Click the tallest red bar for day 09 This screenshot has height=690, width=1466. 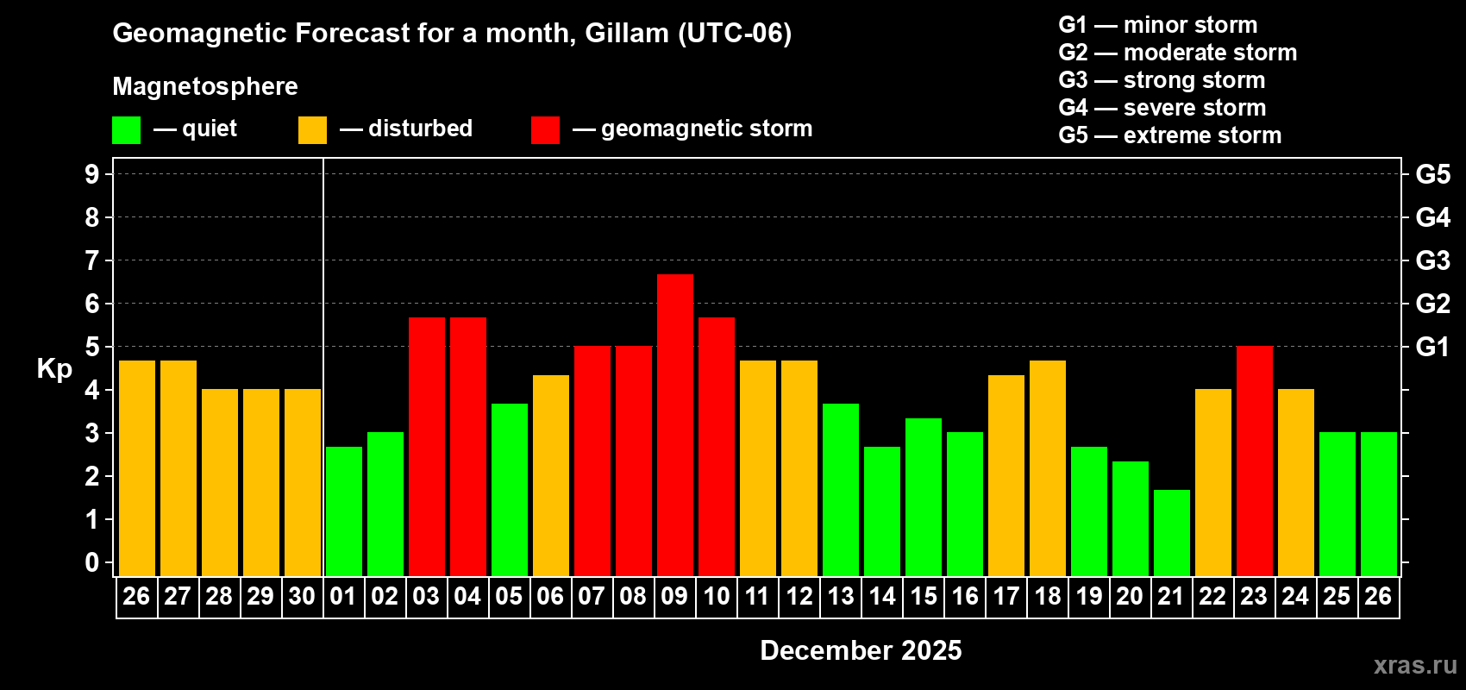pyautogui.click(x=674, y=424)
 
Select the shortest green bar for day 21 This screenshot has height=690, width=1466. pyautogui.click(x=1171, y=532)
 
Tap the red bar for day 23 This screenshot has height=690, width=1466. pyautogui.click(x=1254, y=461)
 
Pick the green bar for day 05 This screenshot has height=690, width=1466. pyautogui.click(x=509, y=489)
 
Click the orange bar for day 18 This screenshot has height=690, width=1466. pyautogui.click(x=1047, y=467)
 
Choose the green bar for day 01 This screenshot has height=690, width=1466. pyautogui.click(x=343, y=511)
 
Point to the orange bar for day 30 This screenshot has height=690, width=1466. pyautogui.click(x=302, y=482)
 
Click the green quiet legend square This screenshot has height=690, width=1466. pyautogui.click(x=126, y=130)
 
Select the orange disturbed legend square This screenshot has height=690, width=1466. pyautogui.click(x=312, y=130)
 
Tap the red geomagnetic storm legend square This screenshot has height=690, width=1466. pyautogui.click(x=545, y=130)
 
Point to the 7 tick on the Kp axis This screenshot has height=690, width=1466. pyautogui.click(x=92, y=260)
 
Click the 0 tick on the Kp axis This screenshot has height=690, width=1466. pyautogui.click(x=92, y=563)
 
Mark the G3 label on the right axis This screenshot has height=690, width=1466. pyautogui.click(x=1432, y=260)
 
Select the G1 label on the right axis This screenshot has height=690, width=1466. pyautogui.click(x=1432, y=347)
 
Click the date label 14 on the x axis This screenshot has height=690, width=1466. pyautogui.click(x=881, y=597)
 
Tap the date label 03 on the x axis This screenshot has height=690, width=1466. pyautogui.click(x=426, y=597)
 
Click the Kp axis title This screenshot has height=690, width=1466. pyautogui.click(x=54, y=369)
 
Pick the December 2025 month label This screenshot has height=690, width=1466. pyautogui.click(x=861, y=650)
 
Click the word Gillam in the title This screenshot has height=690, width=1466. pyautogui.click(x=627, y=34)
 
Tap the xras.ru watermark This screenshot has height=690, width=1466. pyautogui.click(x=1415, y=665)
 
